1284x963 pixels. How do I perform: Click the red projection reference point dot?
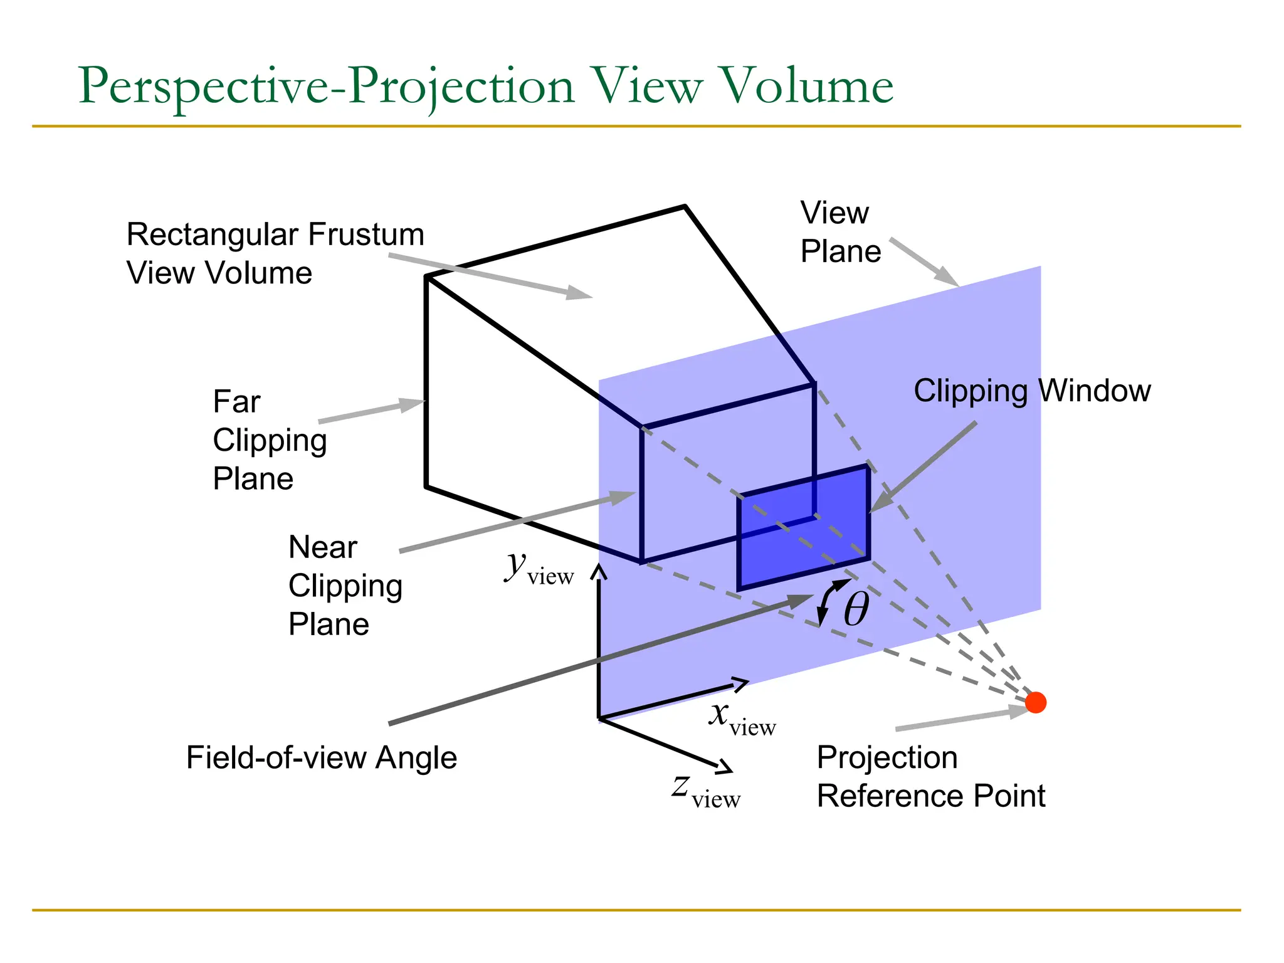pos(1035,702)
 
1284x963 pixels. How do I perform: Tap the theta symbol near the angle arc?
pos(856,609)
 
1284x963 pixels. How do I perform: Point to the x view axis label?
pos(740,718)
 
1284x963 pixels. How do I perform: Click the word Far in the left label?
pos(236,401)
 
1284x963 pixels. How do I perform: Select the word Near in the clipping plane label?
pos(322,547)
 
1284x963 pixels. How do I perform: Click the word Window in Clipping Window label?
pos(1095,391)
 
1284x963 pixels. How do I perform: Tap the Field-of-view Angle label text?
pos(322,757)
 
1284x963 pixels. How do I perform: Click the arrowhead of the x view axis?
pos(740,684)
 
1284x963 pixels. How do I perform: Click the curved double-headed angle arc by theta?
pos(826,601)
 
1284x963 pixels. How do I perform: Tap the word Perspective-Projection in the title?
pos(326,86)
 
